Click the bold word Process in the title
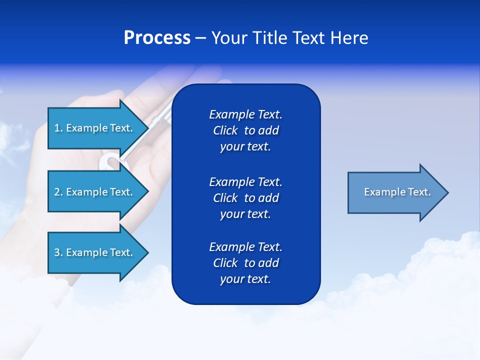tap(157, 38)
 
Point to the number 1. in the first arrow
tap(58, 128)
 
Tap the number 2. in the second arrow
tap(58, 192)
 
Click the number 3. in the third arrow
tap(58, 252)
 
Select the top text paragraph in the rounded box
tap(245, 130)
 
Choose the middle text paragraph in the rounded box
tap(245, 197)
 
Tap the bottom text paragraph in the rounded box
tap(245, 263)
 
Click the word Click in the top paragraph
tap(225, 130)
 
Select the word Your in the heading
tap(229, 38)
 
